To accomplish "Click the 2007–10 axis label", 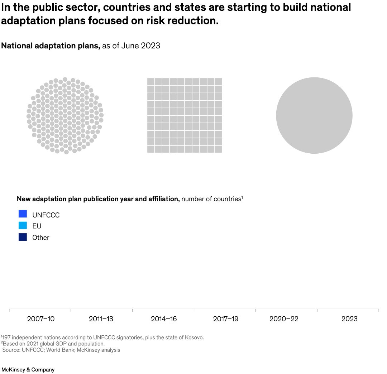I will tap(41, 319).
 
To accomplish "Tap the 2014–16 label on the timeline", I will tap(164, 319).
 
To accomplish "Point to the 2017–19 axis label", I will tap(225, 319).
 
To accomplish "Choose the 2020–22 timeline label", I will tap(284, 319).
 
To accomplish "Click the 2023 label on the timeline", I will tap(349, 319).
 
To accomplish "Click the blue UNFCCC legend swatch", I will tap(23, 214).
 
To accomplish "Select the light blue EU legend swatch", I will tap(23, 225).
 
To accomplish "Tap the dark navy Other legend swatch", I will tap(23, 237).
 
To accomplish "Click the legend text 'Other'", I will tap(41, 238).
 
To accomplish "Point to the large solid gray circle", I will tap(314, 115).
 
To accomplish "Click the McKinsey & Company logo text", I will tap(28, 370).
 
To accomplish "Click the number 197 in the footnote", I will tap(6, 337).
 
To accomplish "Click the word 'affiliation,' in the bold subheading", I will tap(164, 199).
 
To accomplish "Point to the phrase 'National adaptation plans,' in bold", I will tap(51, 46).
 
